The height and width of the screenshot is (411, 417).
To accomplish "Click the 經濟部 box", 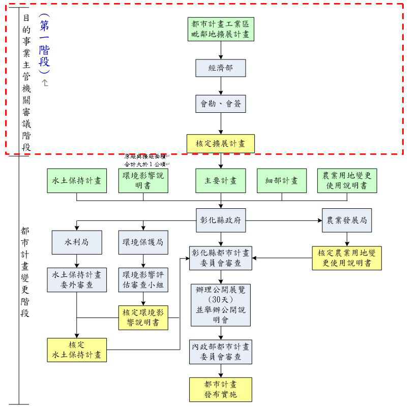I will (220, 68).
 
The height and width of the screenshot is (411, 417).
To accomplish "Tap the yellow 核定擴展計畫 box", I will (220, 144).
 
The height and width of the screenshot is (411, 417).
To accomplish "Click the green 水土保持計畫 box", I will (77, 181).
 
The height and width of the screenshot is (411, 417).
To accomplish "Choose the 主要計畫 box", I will (220, 181).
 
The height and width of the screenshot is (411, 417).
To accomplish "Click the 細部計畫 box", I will (282, 181).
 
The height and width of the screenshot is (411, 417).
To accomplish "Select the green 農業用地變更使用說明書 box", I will (347, 181).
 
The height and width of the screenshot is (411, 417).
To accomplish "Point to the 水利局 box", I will (77, 242).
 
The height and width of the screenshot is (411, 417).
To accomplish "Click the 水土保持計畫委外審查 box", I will (77, 279).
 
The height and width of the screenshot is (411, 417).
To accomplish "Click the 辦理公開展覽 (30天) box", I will (220, 305).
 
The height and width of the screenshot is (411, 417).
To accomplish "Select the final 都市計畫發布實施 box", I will (220, 389).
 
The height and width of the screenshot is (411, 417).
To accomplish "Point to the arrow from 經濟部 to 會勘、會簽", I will (220, 86).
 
